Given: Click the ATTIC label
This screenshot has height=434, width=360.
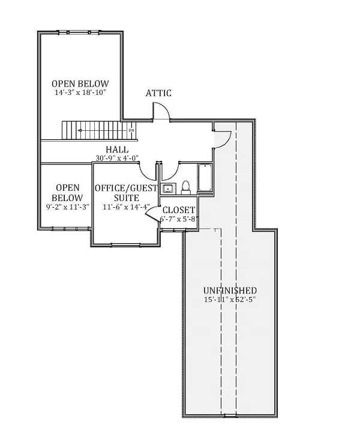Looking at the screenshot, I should coord(159,93).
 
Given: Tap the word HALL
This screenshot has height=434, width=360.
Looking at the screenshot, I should coord(117,149).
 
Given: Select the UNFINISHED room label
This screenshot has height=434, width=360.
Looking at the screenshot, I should coord(230,290).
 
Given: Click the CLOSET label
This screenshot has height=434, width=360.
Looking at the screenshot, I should coord(178,210).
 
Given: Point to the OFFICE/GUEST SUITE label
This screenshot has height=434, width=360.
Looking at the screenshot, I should coord(125,193).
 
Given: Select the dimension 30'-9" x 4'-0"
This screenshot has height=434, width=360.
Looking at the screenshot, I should coord(117,158).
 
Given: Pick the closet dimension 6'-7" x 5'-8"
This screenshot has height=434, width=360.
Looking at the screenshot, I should coord(178,220).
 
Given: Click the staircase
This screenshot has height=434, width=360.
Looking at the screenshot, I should coord(96,129).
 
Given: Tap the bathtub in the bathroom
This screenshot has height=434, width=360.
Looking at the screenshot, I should coord(205,178).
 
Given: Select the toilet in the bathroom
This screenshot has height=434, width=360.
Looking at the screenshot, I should coord(185,188).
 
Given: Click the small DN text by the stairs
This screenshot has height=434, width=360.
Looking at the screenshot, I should coord(131,130).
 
